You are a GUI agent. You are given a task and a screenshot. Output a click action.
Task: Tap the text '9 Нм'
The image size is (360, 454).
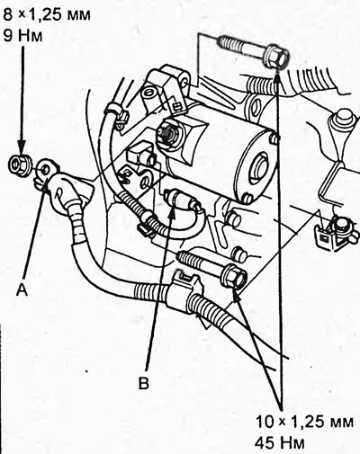click(x=22, y=40)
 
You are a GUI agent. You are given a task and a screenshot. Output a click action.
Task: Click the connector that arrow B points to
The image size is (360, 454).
click(x=176, y=199)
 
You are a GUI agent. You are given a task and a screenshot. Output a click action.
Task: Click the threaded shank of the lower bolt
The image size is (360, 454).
click(x=198, y=262)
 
